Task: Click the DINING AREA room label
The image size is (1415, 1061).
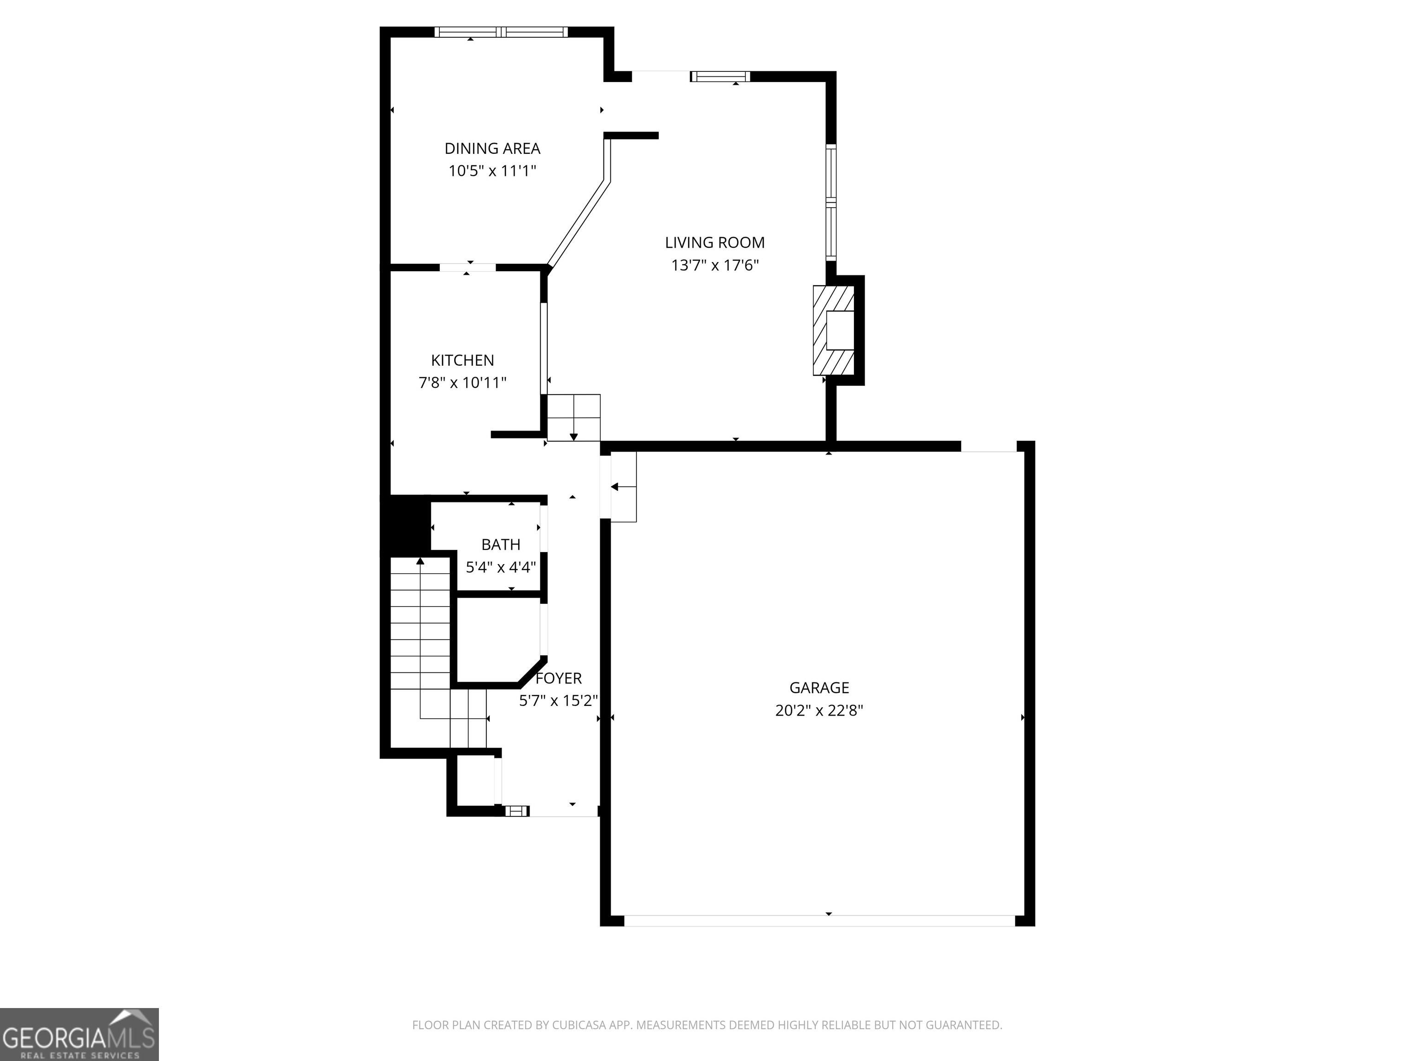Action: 492,148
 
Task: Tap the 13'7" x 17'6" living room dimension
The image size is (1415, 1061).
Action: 714,265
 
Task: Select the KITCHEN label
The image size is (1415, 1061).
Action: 462,360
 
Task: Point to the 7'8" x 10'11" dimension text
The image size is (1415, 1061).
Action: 462,382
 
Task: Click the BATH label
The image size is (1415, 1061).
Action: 500,544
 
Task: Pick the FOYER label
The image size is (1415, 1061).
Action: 558,678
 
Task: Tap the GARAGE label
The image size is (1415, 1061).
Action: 819,688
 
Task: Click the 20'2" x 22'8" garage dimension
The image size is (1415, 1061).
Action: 819,710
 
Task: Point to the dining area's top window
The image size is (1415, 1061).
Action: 501,32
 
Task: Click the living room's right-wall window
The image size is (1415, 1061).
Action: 830,201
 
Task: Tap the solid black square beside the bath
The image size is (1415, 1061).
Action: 405,523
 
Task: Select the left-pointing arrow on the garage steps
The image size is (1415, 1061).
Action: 615,487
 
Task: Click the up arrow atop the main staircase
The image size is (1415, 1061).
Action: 420,561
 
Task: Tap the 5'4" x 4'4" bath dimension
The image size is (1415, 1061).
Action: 500,566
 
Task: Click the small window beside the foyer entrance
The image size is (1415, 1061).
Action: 516,811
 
